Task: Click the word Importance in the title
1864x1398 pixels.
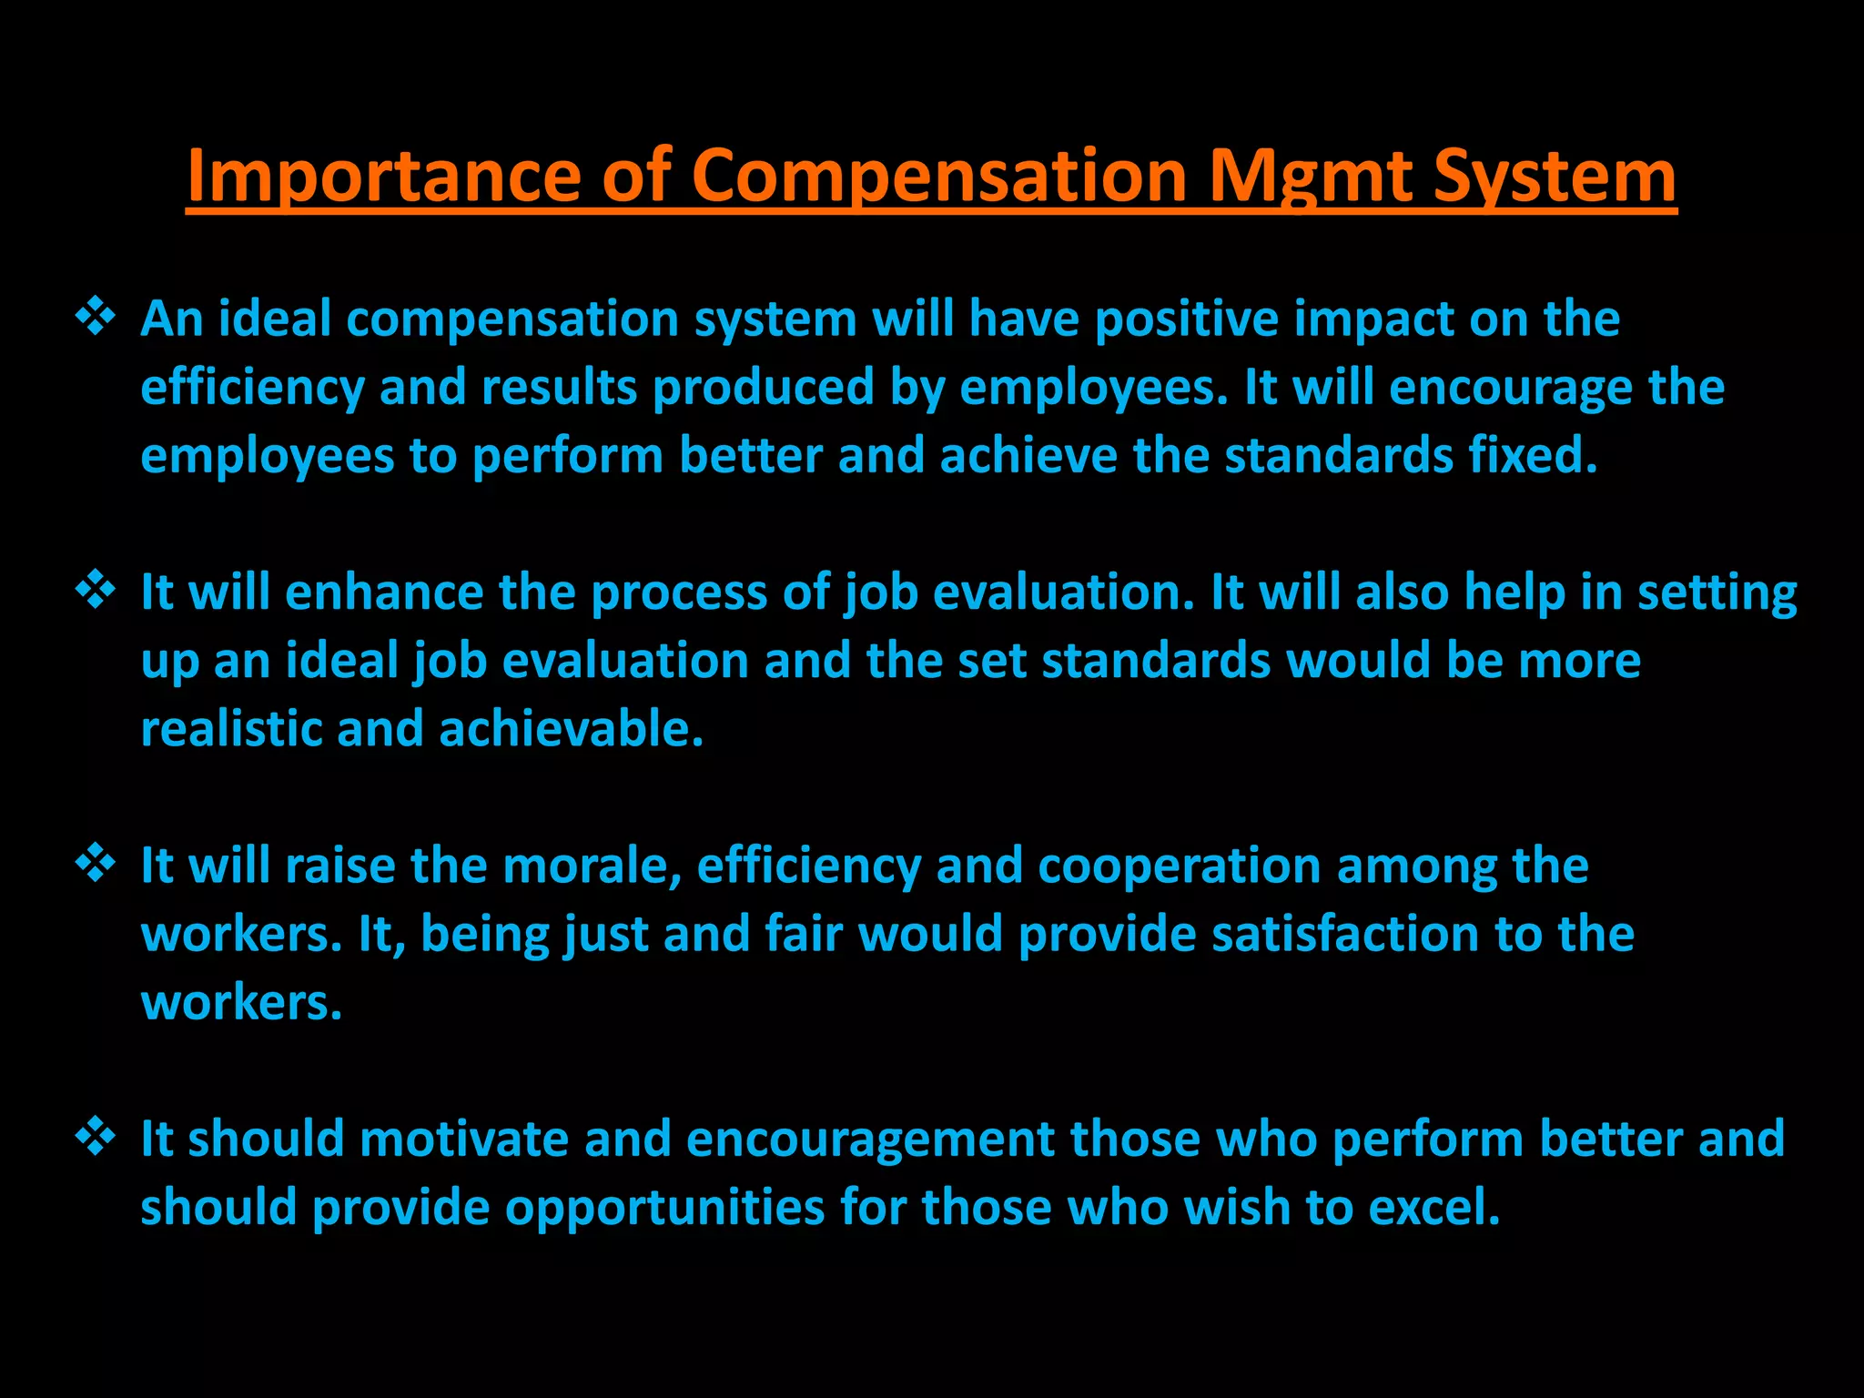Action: (x=383, y=176)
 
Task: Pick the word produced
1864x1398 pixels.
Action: (x=764, y=388)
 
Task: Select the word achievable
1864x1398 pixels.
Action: (x=571, y=729)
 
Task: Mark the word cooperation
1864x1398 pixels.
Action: (x=1179, y=866)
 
